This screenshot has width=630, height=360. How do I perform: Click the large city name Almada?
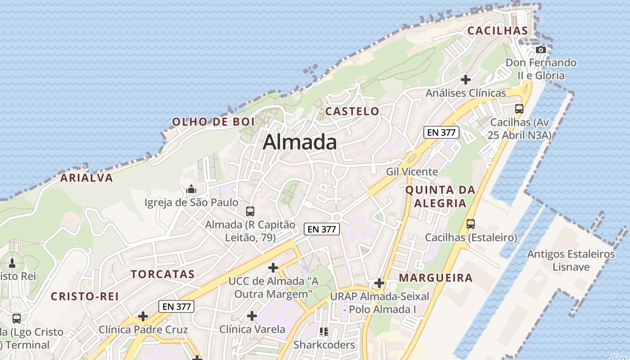pos(300,142)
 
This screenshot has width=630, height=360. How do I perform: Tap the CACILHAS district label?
pos(497,31)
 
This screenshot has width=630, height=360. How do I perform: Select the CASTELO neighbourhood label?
pos(352,111)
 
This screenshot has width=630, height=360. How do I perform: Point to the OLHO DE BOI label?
pos(213,121)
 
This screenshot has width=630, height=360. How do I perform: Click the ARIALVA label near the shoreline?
pos(87,178)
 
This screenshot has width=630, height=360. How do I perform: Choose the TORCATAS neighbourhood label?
pos(162,274)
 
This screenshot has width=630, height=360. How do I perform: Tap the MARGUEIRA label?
pos(436,278)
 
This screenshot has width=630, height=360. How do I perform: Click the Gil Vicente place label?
pos(412,171)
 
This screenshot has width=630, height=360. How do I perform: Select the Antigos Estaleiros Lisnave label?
pos(571,261)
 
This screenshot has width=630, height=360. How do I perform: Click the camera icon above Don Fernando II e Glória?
pos(541,49)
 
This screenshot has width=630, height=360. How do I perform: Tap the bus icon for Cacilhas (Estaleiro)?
pos(471,224)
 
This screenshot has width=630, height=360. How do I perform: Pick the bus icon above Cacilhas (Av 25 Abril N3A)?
pos(519,108)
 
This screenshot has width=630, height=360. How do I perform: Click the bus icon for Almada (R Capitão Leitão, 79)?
pos(250,211)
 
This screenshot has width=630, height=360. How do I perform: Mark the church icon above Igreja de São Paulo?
pos(191,189)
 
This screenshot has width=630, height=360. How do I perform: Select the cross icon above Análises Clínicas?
pos(466,80)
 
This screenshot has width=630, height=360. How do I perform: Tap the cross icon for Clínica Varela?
pos(252,316)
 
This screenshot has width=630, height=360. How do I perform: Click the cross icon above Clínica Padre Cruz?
pos(143,316)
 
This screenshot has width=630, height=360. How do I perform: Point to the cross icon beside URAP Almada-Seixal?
pos(379,283)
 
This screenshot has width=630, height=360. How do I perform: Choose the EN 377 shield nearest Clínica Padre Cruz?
pos(177,307)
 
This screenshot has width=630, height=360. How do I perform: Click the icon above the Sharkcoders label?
pos(324,332)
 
